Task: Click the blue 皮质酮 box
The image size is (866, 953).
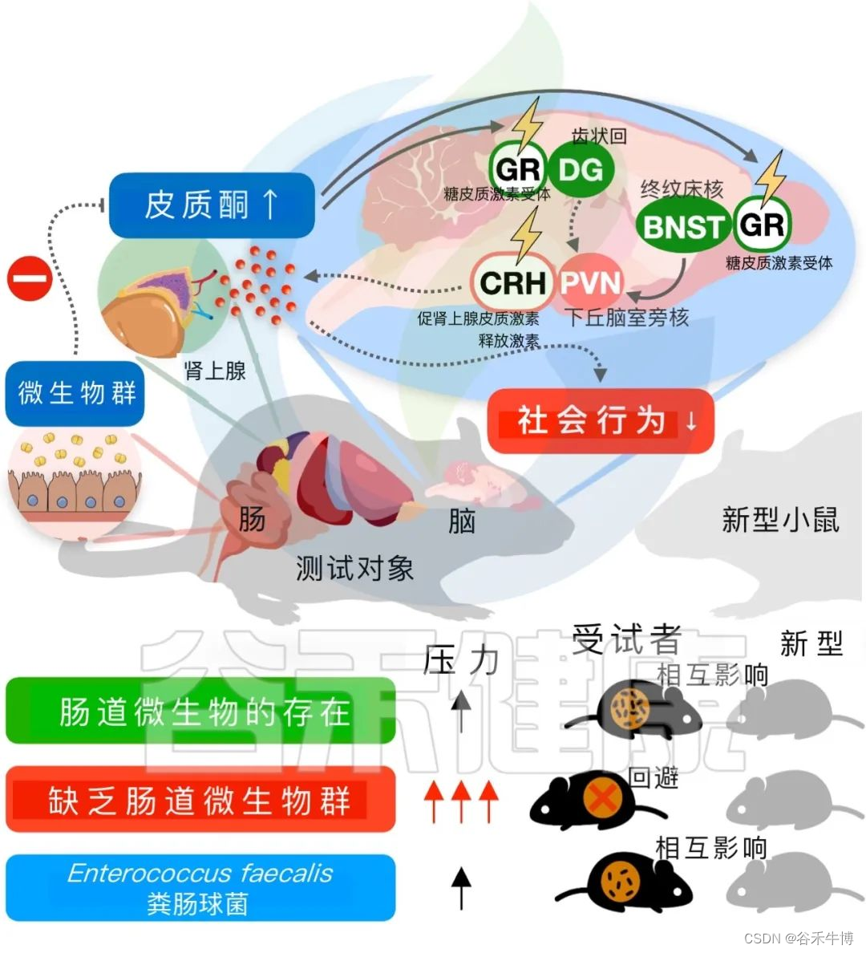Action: (211, 205)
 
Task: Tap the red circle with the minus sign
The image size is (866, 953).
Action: (30, 281)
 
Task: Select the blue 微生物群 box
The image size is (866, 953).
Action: (75, 393)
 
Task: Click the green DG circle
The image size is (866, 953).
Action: (581, 169)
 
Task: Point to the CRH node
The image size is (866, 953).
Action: (512, 282)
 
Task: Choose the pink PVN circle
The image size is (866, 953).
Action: (590, 282)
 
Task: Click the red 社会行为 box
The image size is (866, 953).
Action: (600, 420)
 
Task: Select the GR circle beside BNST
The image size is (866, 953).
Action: (762, 224)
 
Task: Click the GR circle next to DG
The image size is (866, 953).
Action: (518, 169)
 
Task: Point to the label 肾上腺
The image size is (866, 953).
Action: (214, 371)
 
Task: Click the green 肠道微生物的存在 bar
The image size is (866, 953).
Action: (200, 711)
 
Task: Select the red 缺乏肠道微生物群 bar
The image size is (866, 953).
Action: (200, 800)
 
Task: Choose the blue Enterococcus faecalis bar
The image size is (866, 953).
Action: (200, 887)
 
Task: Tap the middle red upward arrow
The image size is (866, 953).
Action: (460, 801)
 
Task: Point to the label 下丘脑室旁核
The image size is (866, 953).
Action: (628, 318)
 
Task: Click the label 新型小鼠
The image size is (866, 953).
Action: (780, 520)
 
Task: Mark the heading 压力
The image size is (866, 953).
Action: (461, 660)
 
